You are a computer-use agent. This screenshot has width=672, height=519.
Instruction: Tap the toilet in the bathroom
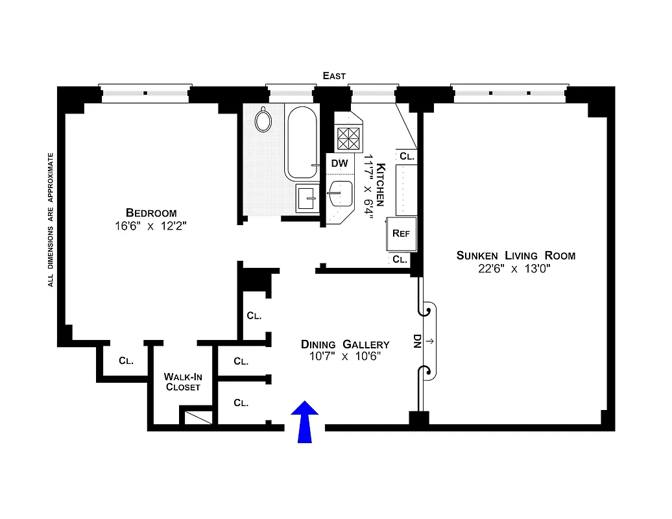tap(263, 119)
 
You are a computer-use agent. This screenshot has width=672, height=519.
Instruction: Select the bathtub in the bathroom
tap(302, 143)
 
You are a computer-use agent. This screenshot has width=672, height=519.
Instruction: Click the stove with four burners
tap(348, 138)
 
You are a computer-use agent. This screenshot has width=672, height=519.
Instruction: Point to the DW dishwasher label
tap(339, 163)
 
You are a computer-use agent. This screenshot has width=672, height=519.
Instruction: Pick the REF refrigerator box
tap(401, 234)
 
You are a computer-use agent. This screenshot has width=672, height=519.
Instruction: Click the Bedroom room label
tap(151, 213)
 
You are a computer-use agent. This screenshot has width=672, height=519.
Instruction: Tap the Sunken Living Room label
tap(516, 255)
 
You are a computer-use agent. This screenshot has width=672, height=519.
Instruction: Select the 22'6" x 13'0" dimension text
tap(516, 269)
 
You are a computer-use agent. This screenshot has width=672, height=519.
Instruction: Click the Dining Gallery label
tap(344, 344)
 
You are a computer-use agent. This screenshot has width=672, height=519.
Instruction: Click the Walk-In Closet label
tap(182, 381)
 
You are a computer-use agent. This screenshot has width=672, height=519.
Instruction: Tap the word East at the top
tap(334, 76)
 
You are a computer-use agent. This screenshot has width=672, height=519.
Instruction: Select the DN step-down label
tap(417, 341)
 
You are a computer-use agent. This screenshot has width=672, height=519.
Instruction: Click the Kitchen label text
tap(381, 185)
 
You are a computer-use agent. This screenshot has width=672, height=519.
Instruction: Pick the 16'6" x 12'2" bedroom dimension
tap(151, 226)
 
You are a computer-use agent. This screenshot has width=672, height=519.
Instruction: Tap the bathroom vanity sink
tap(306, 198)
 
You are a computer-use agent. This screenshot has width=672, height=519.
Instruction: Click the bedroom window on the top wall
tap(145, 93)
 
